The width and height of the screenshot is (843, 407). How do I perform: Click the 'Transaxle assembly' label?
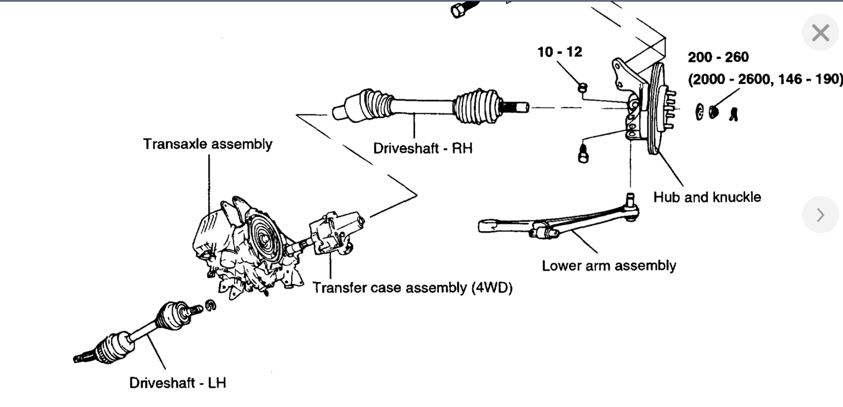click(207, 144)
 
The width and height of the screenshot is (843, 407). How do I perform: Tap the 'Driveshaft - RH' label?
click(422, 148)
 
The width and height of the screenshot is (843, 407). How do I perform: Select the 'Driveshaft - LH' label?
click(177, 383)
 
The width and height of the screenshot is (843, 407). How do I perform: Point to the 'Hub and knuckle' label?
click(707, 197)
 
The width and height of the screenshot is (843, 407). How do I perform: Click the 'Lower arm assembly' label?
click(609, 266)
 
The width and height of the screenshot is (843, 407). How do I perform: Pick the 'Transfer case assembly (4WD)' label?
click(412, 287)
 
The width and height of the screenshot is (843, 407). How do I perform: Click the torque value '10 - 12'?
click(560, 52)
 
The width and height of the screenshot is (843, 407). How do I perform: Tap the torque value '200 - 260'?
click(718, 57)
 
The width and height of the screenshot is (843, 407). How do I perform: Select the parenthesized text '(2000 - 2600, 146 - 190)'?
click(765, 79)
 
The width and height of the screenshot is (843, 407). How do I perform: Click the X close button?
click(820, 33)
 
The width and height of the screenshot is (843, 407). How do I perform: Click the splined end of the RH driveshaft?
click(515, 107)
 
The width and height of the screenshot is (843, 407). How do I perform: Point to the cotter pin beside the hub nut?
click(734, 115)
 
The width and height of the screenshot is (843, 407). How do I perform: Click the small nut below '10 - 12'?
click(583, 88)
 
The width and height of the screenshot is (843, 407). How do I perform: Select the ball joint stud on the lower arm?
click(630, 200)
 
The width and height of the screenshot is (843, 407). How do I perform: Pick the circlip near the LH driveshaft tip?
click(211, 306)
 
